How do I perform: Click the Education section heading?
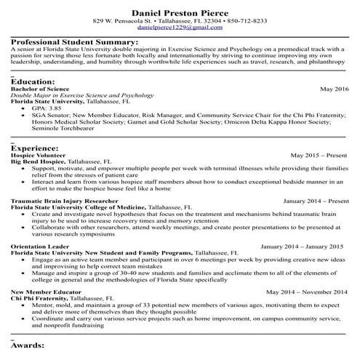[x=33, y=81]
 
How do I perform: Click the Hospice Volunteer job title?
[x=38, y=155]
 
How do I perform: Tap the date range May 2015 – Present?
[x=319, y=155]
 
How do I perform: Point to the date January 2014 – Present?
[x=315, y=200]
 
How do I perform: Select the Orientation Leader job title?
[x=37, y=246]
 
